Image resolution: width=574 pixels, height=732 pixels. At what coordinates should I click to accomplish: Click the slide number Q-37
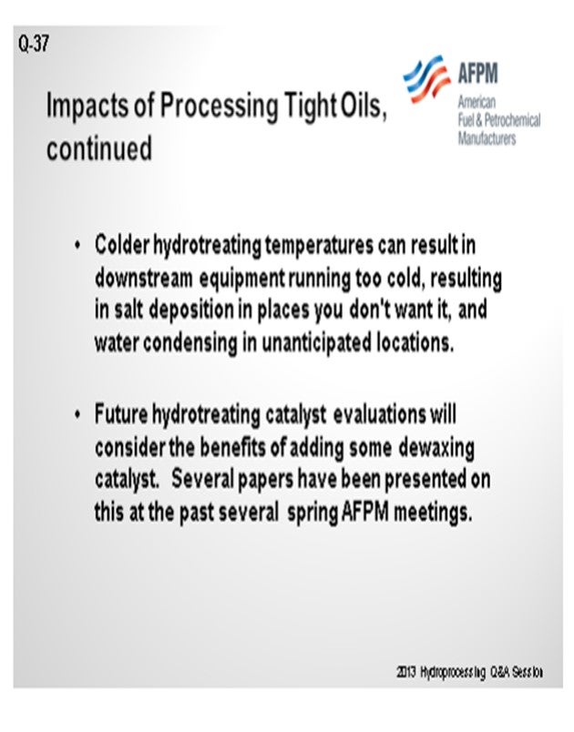coord(34,45)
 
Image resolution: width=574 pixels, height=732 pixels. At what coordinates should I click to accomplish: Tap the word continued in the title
coord(99,148)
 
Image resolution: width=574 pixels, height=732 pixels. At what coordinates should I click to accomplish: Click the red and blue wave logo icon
coord(427,79)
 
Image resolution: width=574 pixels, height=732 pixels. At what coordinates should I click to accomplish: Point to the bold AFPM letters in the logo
coord(477,73)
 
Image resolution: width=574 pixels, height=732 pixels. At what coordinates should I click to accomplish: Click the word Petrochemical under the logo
coord(512,120)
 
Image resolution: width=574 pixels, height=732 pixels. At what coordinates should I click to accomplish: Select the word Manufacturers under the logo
coord(487,138)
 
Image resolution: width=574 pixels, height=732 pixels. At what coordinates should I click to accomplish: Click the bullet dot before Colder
coord(77,245)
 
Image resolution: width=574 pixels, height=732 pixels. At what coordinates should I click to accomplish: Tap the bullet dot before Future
coord(77,414)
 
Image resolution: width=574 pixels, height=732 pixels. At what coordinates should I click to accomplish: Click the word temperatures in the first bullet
coord(320,246)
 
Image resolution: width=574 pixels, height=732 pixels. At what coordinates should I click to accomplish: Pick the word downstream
coord(143,279)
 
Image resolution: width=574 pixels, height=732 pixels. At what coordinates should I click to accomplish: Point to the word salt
coord(128,310)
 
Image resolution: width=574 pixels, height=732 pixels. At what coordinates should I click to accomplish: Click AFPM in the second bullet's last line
coord(365,512)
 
